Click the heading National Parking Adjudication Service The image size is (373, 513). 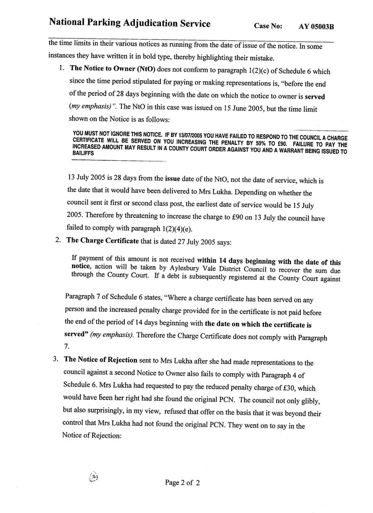(129, 23)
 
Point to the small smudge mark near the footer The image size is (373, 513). (93, 477)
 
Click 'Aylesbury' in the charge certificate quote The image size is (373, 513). (179, 268)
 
